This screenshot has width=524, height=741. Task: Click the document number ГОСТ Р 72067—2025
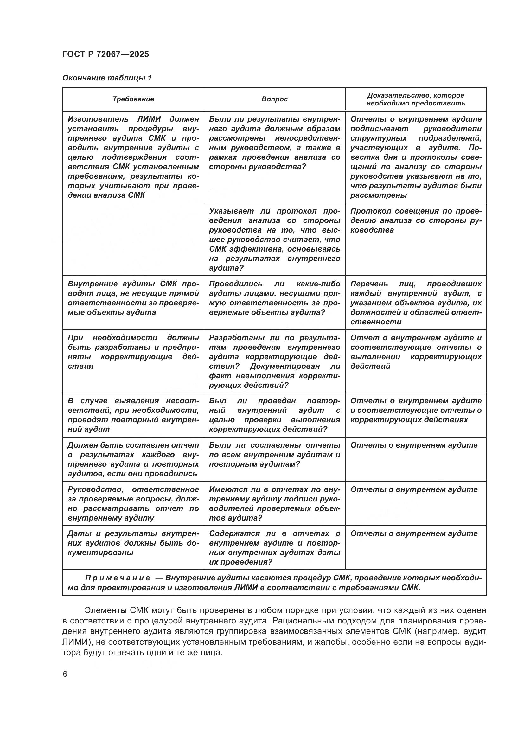[x=106, y=54]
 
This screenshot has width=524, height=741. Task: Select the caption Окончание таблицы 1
[x=107, y=78]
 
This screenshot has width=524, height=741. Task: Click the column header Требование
[x=133, y=99]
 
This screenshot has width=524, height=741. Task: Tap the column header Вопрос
[x=274, y=99]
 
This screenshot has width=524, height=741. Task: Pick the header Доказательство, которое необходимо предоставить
[x=416, y=99]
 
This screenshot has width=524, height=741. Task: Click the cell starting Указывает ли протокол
[x=274, y=240]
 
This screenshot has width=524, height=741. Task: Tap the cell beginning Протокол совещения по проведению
[x=416, y=220]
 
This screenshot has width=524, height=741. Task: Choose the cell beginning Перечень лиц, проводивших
[x=416, y=303]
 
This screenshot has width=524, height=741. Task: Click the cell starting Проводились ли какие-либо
[x=274, y=298]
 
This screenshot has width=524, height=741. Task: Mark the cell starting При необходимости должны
[x=133, y=352]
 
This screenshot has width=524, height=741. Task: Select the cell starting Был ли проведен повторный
[x=274, y=415]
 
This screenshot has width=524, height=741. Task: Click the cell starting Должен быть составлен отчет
[x=133, y=459]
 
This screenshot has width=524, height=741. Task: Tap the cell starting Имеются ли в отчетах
[x=274, y=503]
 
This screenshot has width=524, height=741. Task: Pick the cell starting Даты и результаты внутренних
[x=133, y=543]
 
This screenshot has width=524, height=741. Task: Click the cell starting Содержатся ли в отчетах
[x=274, y=548]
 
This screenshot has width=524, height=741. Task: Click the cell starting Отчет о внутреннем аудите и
[x=416, y=352]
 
